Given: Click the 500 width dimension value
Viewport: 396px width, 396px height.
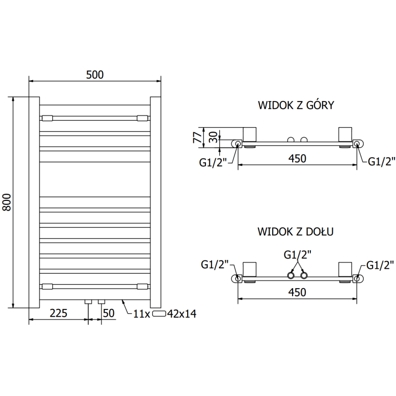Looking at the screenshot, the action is tap(95, 75).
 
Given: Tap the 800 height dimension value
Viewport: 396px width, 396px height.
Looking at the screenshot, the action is tap(7, 202).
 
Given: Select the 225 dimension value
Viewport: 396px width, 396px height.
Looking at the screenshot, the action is tap(58, 313).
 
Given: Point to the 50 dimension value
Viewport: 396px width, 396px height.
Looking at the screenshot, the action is tap(109, 313).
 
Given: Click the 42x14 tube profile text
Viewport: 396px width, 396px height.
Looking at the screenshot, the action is tap(182, 314).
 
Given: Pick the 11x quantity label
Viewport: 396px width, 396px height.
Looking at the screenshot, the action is tap(142, 314).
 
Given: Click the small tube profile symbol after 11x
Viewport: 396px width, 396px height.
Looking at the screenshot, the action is tap(158, 313).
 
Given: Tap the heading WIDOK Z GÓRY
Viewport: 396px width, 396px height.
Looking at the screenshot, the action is tap(296, 105).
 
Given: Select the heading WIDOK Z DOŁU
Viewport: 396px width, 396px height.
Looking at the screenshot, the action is tap(296, 231).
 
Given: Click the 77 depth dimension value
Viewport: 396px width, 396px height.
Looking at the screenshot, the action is tap(198, 138).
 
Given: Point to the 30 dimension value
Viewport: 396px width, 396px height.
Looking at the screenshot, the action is tap(213, 138).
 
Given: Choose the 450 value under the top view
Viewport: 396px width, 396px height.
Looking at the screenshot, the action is tap(297, 158).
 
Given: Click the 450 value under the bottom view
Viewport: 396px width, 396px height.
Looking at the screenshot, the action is tap(297, 292).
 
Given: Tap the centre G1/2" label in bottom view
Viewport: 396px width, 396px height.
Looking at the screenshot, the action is tap(297, 255).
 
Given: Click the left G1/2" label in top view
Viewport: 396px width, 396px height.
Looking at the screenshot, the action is tap(213, 162).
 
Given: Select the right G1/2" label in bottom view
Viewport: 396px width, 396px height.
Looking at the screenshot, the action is tap(380, 265).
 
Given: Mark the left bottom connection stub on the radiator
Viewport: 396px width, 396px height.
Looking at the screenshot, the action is tap(88, 301).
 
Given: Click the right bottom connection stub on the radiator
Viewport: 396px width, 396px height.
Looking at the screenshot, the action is tap(101, 301).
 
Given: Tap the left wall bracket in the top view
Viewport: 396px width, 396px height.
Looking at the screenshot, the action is tap(249, 134).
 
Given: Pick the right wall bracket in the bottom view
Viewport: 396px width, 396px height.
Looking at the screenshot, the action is tap(345, 269).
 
